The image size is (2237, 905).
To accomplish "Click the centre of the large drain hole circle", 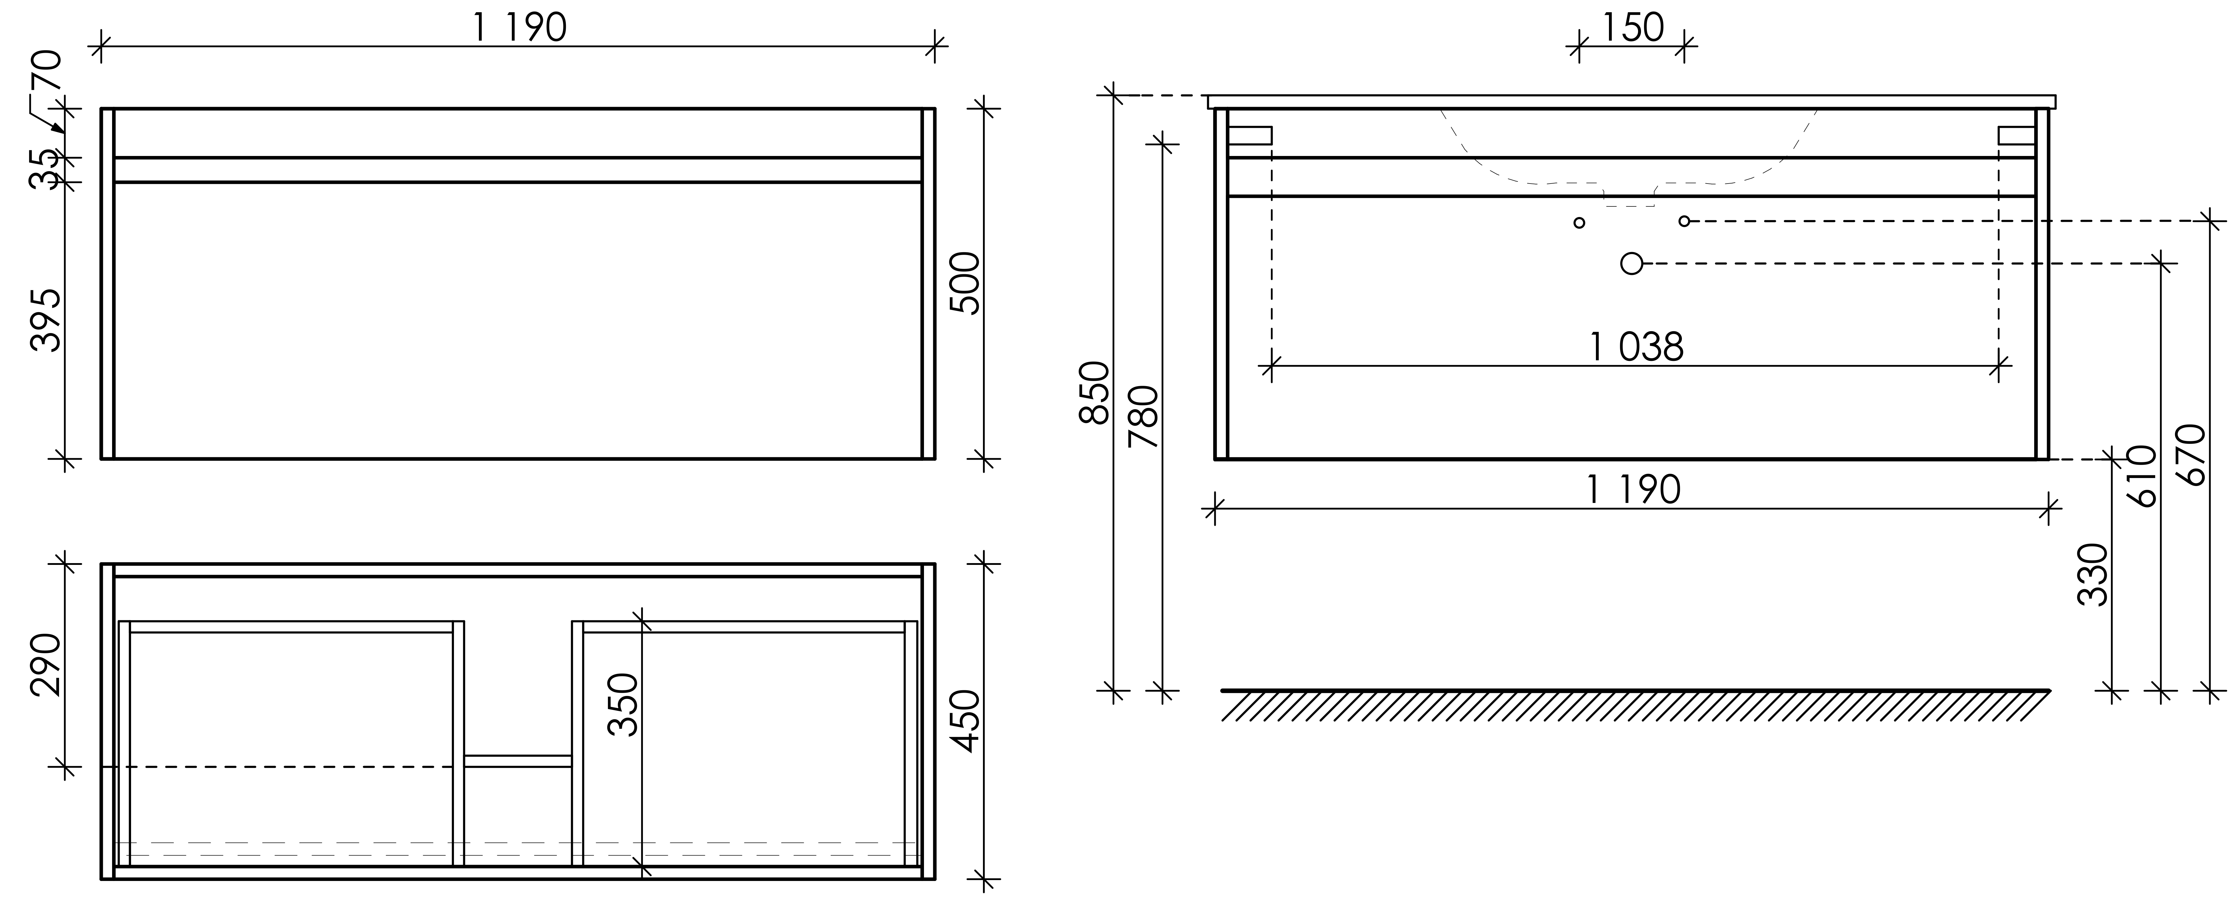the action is (1632, 263).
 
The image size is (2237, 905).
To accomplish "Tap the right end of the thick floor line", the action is (2049, 691).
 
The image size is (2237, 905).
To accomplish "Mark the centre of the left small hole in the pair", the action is (1579, 222).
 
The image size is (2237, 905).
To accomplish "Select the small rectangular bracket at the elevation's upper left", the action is (1250, 136).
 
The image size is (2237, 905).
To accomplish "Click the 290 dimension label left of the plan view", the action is (45, 665).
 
